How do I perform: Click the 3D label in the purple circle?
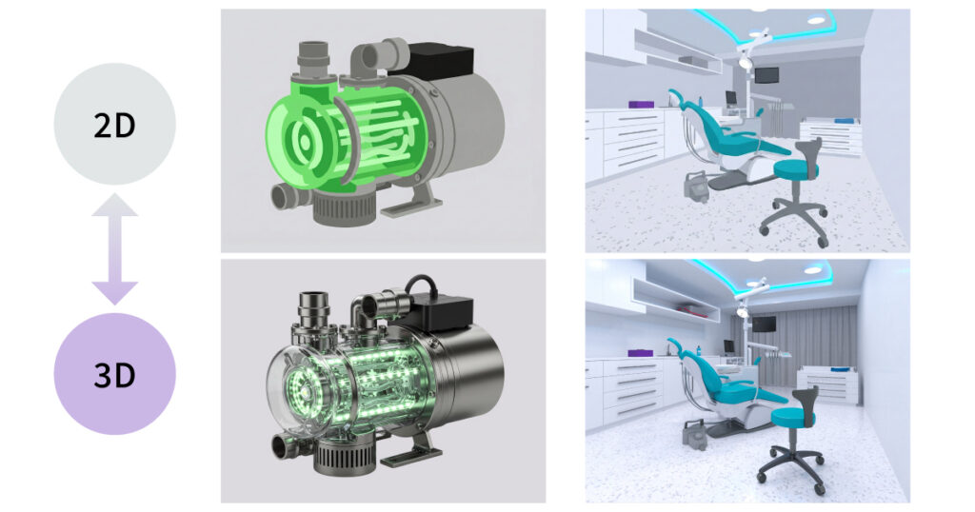click(114, 375)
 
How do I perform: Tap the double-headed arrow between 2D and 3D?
click(114, 249)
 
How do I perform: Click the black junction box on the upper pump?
click(440, 60)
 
